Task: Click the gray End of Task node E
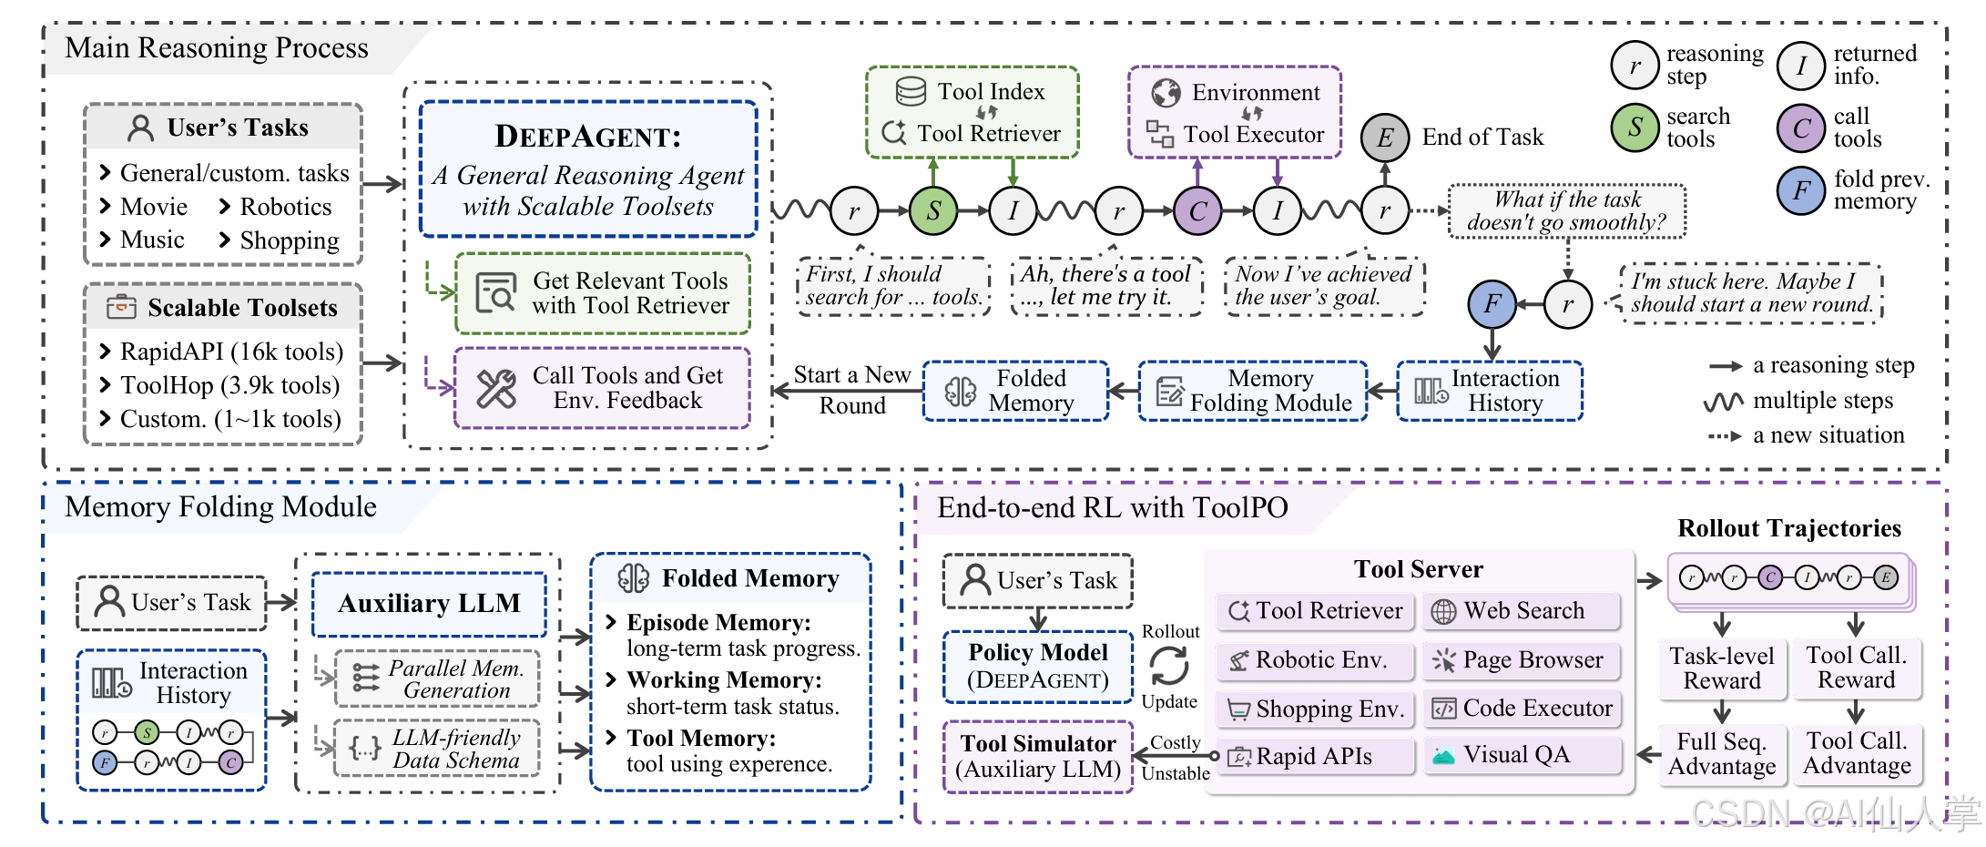[x=1385, y=138]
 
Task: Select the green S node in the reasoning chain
[x=933, y=210]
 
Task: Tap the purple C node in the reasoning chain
[x=1197, y=210]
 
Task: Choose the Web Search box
[x=1522, y=611]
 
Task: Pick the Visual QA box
[x=1522, y=755]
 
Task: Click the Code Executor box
[x=1522, y=709]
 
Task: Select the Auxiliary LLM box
[x=429, y=604]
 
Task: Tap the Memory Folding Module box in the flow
[x=1253, y=391]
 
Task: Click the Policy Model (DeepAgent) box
[x=1038, y=667]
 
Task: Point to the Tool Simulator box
[x=1038, y=756]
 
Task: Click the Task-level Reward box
[x=1721, y=668]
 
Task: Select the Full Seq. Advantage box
[x=1721, y=754]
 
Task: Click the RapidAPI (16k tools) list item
[x=231, y=352]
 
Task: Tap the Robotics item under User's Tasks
[x=285, y=207]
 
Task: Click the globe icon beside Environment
[x=1166, y=92]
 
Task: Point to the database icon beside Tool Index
[x=911, y=91]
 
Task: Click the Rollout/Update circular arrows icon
[x=1169, y=666]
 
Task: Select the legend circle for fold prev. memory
[x=1801, y=190]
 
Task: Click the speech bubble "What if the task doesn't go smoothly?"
[x=1566, y=211]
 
